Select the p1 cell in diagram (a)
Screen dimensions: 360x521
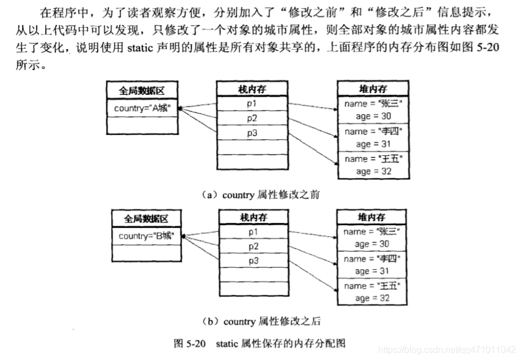(x=251, y=104)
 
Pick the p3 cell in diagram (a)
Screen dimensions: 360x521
(x=251, y=133)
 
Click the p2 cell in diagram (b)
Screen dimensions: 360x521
(x=253, y=247)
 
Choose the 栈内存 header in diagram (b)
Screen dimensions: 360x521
(x=253, y=217)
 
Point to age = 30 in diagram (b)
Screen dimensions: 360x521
(x=370, y=244)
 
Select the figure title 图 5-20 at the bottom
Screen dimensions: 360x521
(x=260, y=343)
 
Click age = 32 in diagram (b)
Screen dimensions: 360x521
(x=370, y=298)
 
